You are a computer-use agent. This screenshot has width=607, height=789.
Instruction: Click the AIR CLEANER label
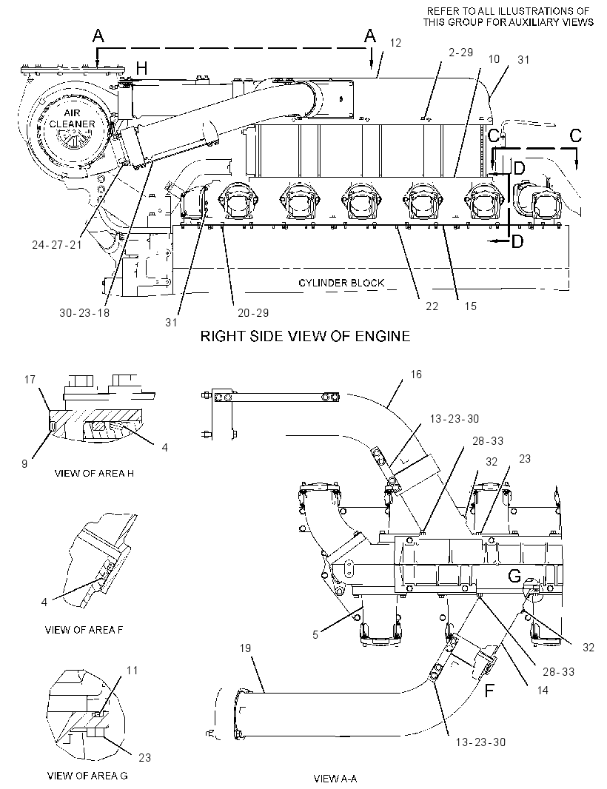point(72,118)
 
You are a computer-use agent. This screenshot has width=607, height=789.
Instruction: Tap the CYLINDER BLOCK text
point(341,283)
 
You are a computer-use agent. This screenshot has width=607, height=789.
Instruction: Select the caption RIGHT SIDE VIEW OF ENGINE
point(305,335)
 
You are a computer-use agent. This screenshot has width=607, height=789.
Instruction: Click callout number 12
point(395,43)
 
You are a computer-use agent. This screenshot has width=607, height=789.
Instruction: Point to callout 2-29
point(460,53)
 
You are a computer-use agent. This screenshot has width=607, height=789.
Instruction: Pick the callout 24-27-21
point(57,245)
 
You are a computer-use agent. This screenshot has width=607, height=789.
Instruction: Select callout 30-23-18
point(84,312)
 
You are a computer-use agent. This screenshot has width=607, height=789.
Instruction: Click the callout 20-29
point(253,313)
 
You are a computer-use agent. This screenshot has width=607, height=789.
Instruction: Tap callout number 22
point(432,306)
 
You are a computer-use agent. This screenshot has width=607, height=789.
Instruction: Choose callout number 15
point(470,306)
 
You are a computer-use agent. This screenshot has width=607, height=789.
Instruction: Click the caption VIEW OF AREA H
point(94,474)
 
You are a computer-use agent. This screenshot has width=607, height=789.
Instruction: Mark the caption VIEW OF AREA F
point(84,629)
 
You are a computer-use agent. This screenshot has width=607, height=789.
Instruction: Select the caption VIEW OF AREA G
point(87,776)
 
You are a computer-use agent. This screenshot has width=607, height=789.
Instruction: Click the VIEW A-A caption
point(335,779)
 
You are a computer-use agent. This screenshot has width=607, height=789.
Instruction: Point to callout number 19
point(245,648)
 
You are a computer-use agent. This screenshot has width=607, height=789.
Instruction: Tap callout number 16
point(416,375)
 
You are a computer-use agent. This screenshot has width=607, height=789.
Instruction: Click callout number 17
point(30,379)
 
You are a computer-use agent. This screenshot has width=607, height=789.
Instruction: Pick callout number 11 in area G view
point(132,671)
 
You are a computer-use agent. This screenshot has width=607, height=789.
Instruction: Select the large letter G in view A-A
point(514,576)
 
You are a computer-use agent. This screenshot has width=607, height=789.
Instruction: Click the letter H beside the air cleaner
point(142,68)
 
